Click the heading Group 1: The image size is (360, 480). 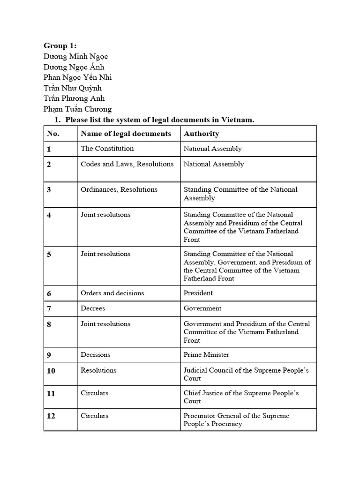pyautogui.click(x=60, y=45)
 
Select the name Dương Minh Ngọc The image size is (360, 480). pyautogui.click(x=76, y=56)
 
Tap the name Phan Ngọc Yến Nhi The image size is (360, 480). pyautogui.click(x=78, y=77)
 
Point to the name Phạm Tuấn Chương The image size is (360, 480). pyautogui.click(x=78, y=109)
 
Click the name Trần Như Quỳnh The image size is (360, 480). pyautogui.click(x=73, y=88)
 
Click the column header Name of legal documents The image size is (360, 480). pyautogui.click(x=126, y=134)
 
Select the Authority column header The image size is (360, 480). pyautogui.click(x=201, y=134)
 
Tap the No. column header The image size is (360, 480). pyautogui.click(x=53, y=134)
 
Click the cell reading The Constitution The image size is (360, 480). pyautogui.click(x=107, y=149)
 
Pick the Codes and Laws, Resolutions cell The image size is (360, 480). pyautogui.click(x=127, y=164)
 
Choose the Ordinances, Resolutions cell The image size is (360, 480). pyautogui.click(x=119, y=189)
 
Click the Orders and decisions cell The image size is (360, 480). pyautogui.click(x=112, y=293)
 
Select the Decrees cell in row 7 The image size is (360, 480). pyautogui.click(x=93, y=308)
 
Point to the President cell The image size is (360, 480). pyautogui.click(x=198, y=293)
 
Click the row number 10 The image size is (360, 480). pyautogui.click(x=51, y=371)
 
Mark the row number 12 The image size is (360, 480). pyautogui.click(x=51, y=416)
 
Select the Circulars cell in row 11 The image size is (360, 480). pyautogui.click(x=94, y=393)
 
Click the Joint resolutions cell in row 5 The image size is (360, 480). pyautogui.click(x=105, y=254)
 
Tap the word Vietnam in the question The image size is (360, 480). pyautogui.click(x=237, y=120)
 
